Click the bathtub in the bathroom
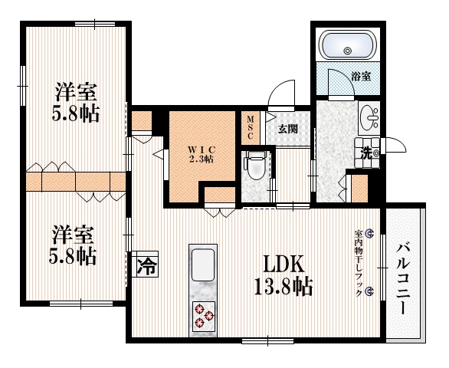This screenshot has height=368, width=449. (346, 46)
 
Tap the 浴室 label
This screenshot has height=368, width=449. (362, 77)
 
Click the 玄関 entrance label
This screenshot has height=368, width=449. (287, 128)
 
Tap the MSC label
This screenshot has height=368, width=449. (251, 127)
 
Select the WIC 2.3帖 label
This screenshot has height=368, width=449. (201, 153)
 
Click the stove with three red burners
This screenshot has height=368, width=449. (204, 314)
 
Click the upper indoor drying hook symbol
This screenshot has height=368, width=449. (369, 233)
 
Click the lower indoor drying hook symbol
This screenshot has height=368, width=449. (369, 291)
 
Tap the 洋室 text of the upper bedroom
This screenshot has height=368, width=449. (77, 92)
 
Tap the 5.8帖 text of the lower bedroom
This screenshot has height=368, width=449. (74, 255)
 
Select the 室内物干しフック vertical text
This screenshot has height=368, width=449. (358, 261)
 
